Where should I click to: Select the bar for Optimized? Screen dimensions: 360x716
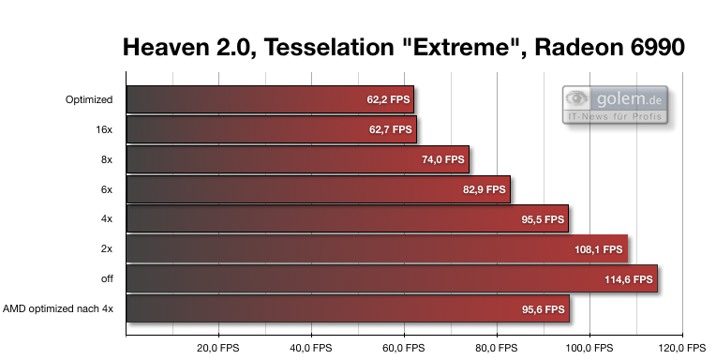coord(269,99)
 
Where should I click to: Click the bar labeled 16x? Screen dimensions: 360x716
coord(270,129)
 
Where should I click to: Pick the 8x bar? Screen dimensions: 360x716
coord(296,159)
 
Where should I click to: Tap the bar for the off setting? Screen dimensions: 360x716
coord(391,278)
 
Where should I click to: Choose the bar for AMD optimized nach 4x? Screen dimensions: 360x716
coord(347,308)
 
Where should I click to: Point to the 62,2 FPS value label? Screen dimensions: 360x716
coord(388,99)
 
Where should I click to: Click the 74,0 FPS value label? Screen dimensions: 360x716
coord(443,159)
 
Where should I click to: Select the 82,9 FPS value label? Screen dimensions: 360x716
coord(485,189)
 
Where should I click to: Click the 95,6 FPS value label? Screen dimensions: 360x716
coord(543,309)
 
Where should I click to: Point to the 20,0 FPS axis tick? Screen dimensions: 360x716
coord(218,347)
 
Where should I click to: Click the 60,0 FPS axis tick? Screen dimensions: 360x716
coord(404,347)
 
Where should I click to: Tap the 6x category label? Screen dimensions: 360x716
coord(106,189)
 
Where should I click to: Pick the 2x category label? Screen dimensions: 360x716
coord(106,249)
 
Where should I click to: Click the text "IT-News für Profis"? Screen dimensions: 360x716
coord(614,116)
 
